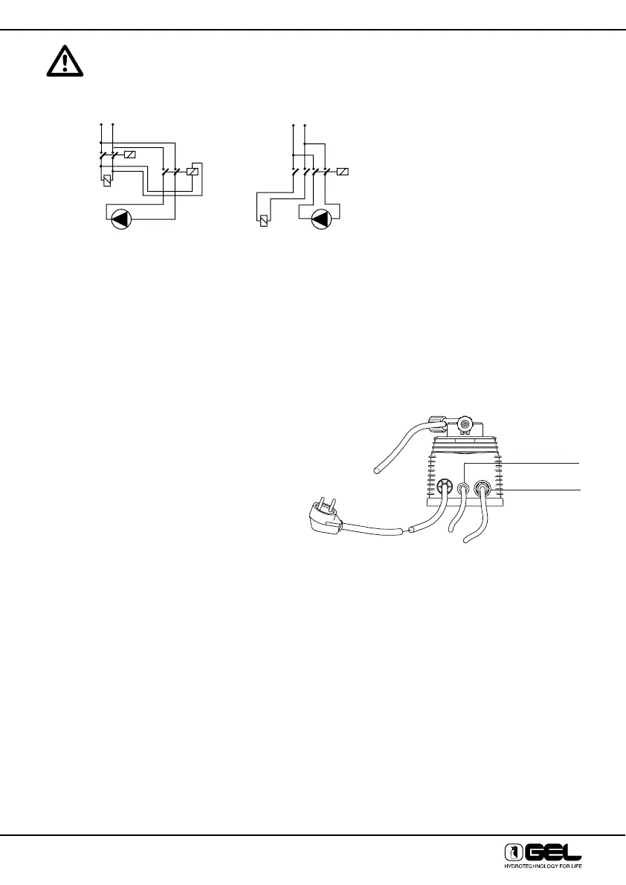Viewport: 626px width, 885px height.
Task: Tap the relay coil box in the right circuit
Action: tap(343, 172)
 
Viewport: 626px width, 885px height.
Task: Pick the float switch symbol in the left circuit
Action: tap(108, 179)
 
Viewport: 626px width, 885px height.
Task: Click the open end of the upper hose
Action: tap(379, 469)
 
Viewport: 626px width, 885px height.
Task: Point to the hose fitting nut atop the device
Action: tap(435, 424)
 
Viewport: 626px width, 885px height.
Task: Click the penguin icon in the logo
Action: tap(512, 852)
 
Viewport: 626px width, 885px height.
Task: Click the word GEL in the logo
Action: tap(552, 852)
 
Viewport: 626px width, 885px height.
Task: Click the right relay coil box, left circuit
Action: tap(193, 172)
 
